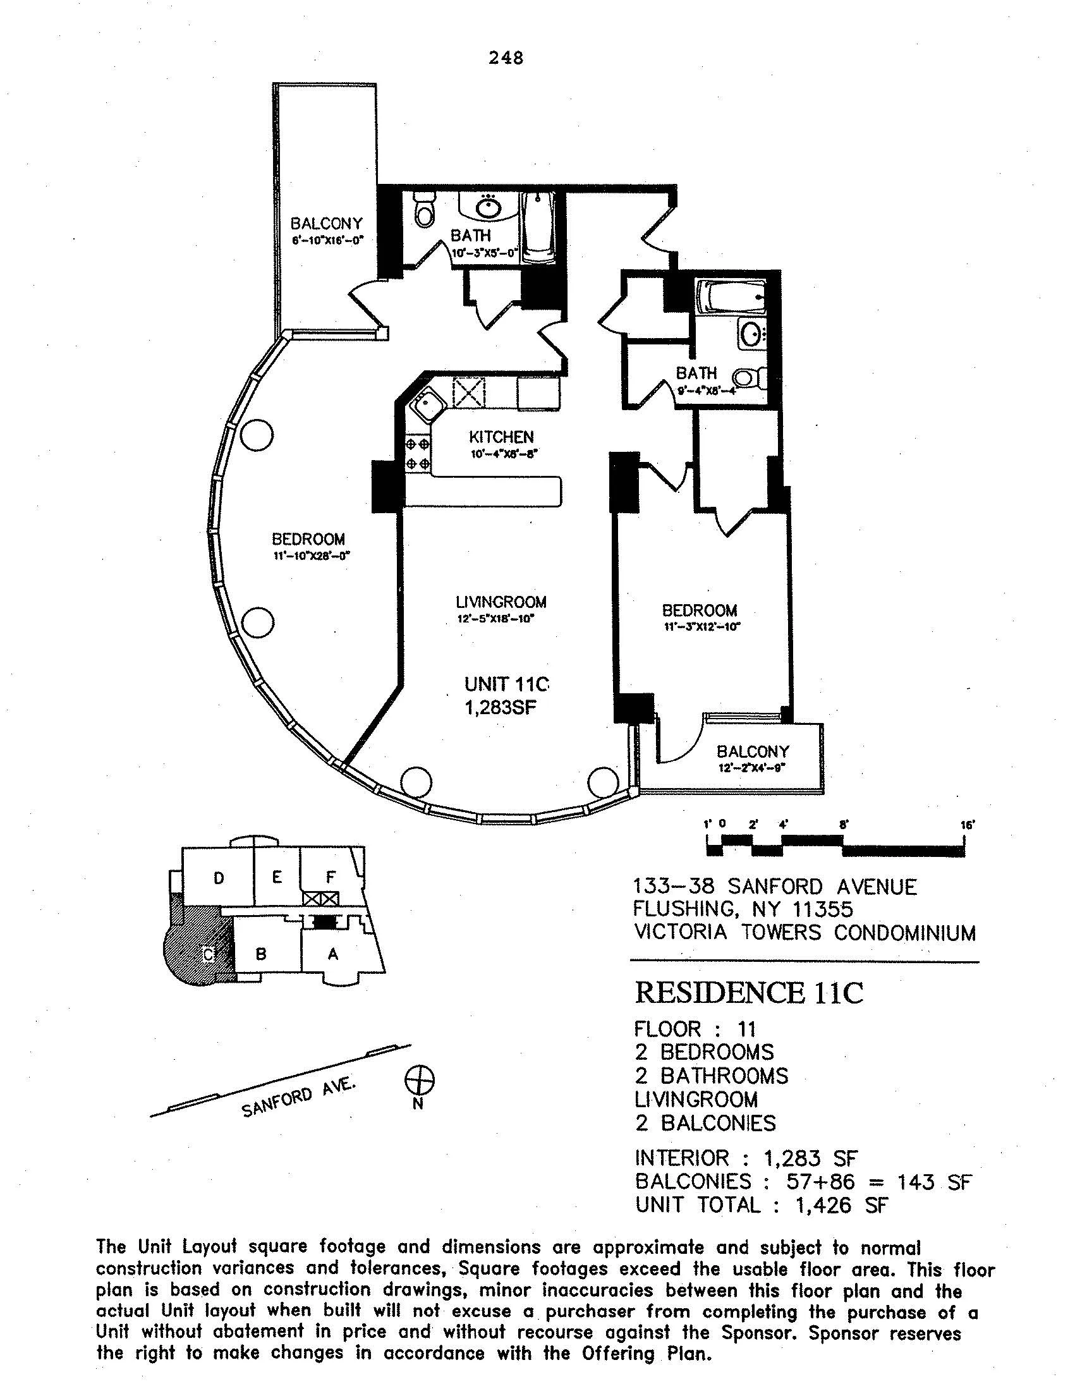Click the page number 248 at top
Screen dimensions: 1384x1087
506,58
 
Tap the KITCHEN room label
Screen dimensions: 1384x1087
501,437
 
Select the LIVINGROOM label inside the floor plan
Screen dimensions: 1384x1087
501,602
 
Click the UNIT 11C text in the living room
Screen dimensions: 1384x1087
506,684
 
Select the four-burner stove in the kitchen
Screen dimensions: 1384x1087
418,452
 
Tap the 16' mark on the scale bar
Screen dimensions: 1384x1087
967,825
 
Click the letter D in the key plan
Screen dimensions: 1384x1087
218,879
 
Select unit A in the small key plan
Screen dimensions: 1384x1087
332,954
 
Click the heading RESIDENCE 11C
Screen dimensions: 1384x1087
749,993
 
